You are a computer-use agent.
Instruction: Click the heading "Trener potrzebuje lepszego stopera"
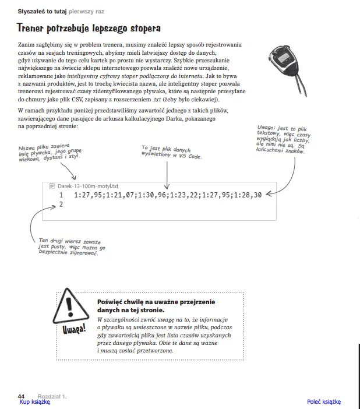pyautogui.click(x=89, y=28)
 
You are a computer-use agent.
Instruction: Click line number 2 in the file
pyautogui.click(x=61, y=204)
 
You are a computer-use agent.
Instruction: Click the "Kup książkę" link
pyautogui.click(x=34, y=401)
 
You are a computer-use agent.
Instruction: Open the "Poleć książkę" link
pyautogui.click(x=324, y=401)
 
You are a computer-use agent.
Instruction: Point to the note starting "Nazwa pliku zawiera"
pyautogui.click(x=49, y=151)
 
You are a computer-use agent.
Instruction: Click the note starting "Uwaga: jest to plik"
pyautogui.click(x=285, y=140)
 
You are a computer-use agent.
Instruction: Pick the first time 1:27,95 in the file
pyautogui.click(x=89, y=195)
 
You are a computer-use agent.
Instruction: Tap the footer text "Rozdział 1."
pyautogui.click(x=52, y=396)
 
